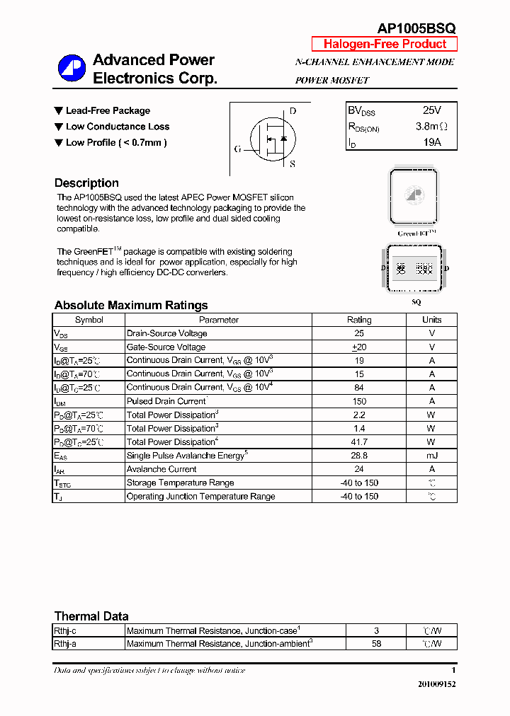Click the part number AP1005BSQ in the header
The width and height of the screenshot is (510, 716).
(416, 28)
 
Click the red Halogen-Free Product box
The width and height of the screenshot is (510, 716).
(385, 44)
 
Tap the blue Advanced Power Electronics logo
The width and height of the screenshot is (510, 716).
(72, 69)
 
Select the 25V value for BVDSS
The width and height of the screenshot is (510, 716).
(431, 111)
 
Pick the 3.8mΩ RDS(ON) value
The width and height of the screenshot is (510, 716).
(431, 127)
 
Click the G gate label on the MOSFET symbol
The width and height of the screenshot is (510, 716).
(238, 149)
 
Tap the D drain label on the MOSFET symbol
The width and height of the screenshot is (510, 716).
(293, 112)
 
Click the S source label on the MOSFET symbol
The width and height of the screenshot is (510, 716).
(293, 164)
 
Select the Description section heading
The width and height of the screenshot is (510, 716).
(86, 183)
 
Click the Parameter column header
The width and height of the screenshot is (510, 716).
(219, 320)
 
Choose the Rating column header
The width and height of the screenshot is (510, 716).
(359, 320)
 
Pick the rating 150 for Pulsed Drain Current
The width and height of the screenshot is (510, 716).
(359, 401)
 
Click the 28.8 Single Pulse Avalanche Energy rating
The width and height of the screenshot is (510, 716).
(359, 456)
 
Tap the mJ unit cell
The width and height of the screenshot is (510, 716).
(431, 456)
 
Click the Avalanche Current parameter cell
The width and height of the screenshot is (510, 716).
(162, 469)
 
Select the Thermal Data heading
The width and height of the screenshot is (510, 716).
(91, 616)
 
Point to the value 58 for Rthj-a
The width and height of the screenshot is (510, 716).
(376, 644)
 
